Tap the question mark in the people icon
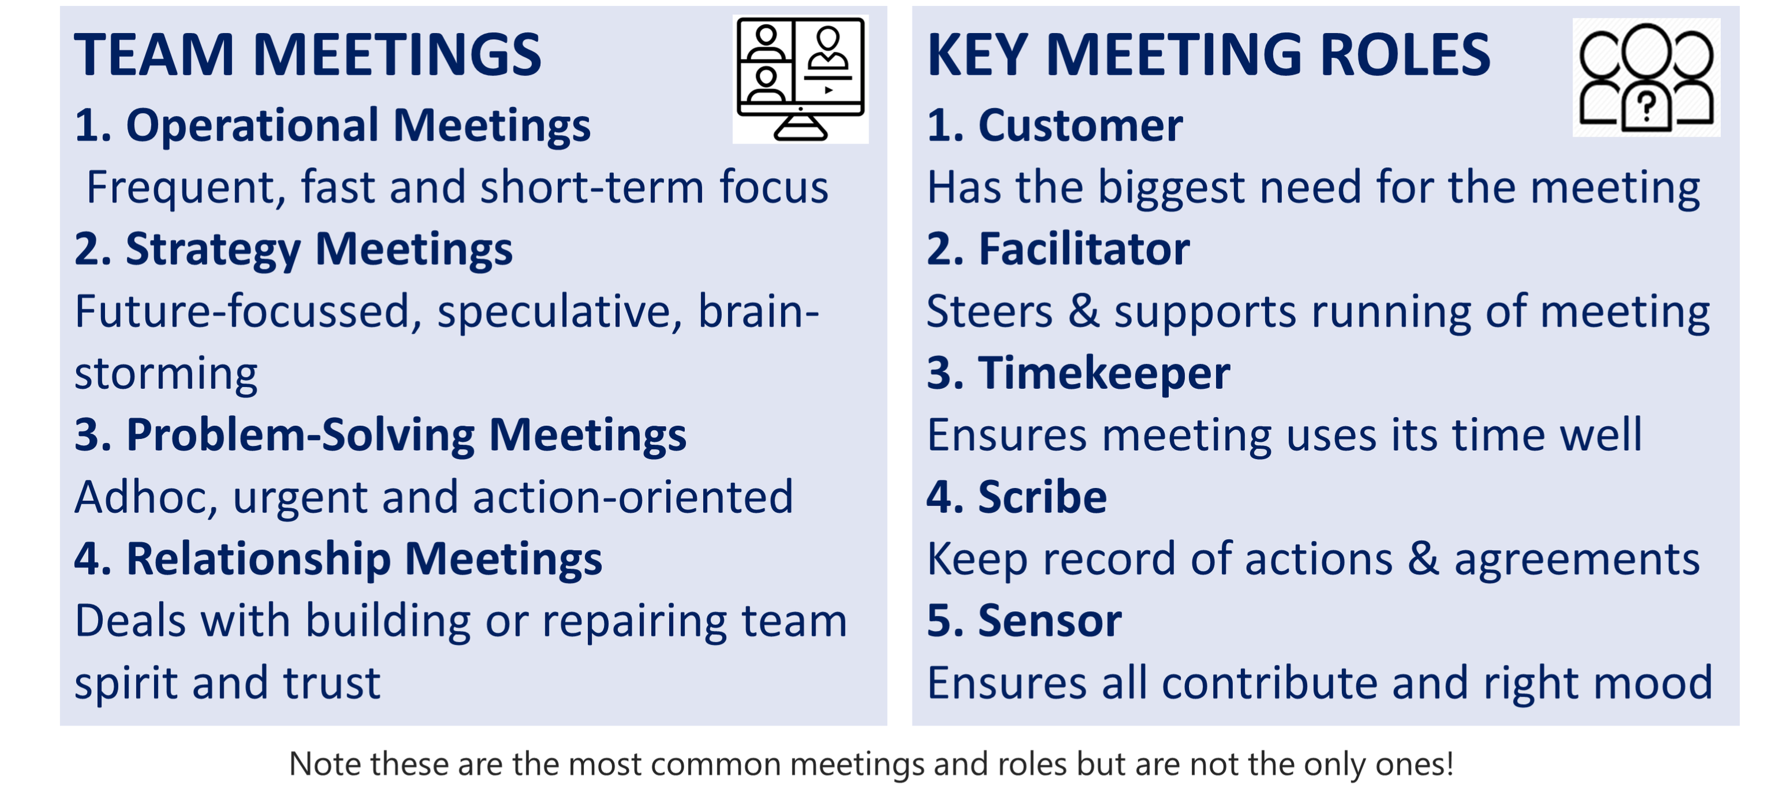click(x=1646, y=107)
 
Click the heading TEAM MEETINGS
click(x=308, y=55)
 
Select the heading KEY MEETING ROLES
click(x=1208, y=55)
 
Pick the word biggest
click(x=1171, y=188)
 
